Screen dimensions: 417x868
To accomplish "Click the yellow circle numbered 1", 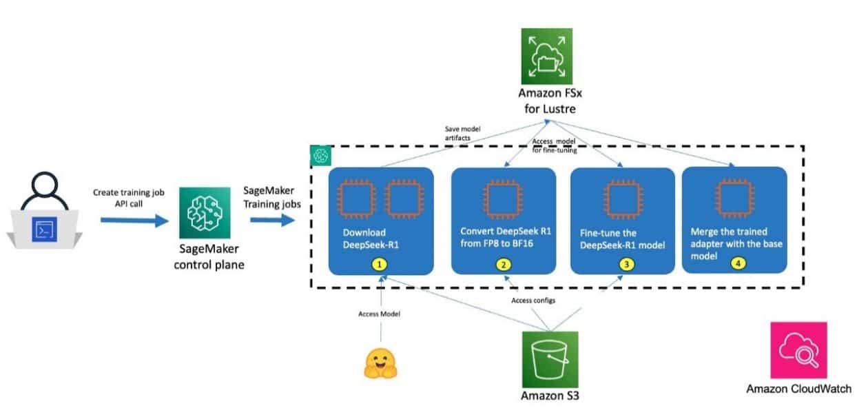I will (380, 265).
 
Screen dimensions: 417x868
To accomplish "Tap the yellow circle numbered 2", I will (505, 265).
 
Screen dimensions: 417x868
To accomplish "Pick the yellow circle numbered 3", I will (625, 265).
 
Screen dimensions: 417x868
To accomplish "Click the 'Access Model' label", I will (378, 314).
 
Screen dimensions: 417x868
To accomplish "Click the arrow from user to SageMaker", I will (134, 221).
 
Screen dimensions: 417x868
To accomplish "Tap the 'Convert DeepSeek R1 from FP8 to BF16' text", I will (503, 238).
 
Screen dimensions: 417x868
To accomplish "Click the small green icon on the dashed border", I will (320, 155).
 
